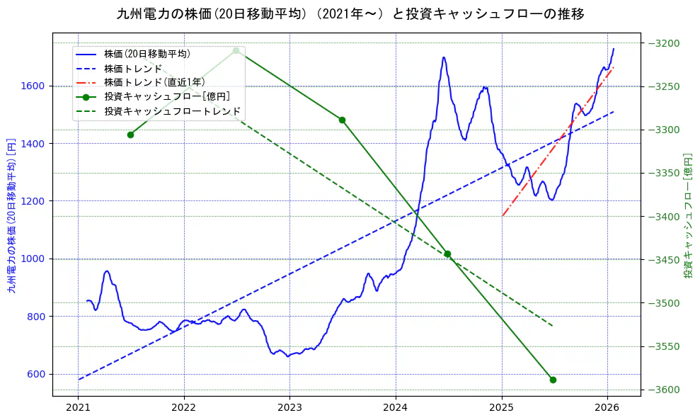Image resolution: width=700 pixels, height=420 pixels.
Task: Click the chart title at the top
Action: coord(350,13)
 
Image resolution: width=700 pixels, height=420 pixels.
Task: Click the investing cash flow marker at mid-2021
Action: coord(130,135)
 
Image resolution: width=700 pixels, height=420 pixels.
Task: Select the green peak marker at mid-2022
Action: coord(236,50)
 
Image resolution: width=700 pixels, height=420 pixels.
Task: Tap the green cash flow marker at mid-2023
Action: coord(342,120)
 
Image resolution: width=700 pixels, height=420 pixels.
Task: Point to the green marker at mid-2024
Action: coord(447,254)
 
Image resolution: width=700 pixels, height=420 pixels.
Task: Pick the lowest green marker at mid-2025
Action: coord(553,380)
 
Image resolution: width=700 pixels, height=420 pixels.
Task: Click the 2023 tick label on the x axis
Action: coord(289,408)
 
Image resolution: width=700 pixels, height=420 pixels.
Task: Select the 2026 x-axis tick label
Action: coord(607,408)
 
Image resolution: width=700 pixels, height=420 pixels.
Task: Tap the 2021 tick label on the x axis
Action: coord(78,408)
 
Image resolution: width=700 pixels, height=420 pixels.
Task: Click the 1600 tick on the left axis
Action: coord(34,86)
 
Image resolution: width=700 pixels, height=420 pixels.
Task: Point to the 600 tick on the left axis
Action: coord(37,374)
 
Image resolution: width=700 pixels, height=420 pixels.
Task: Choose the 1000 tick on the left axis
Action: coord(34,259)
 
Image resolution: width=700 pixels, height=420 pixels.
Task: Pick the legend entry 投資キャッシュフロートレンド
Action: coord(172,111)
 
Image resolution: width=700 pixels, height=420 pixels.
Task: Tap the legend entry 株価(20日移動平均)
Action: coord(147,53)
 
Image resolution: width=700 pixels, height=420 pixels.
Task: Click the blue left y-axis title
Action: coord(11,215)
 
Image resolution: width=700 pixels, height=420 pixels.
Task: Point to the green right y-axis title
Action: coord(688,215)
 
